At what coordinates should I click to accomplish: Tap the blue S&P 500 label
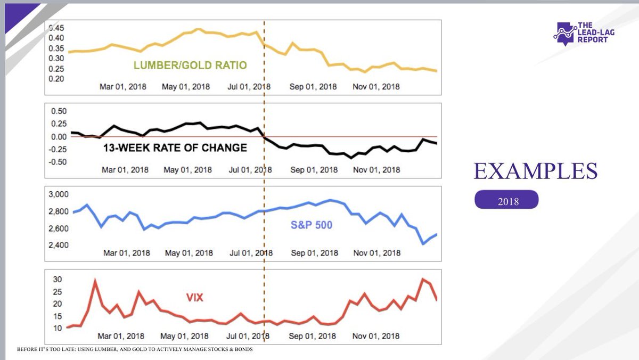click(311, 225)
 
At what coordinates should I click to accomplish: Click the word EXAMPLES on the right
click(535, 171)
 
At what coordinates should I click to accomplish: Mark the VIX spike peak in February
click(95, 281)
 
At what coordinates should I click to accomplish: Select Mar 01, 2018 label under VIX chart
click(121, 336)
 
